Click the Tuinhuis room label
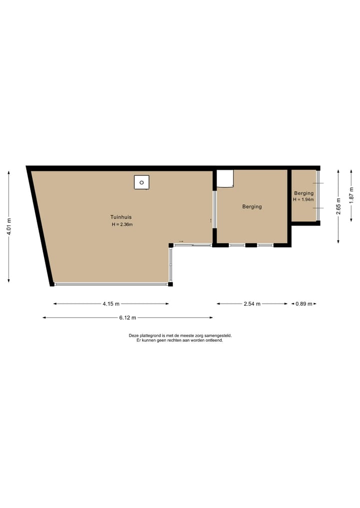click(121, 217)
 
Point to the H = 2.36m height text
click(122, 225)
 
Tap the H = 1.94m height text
click(303, 200)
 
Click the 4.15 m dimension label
click(111, 304)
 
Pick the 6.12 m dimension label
click(127, 318)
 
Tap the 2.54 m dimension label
click(252, 304)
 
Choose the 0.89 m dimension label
click(303, 304)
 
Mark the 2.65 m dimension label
click(338, 206)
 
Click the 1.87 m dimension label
click(351, 193)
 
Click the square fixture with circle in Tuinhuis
click(141, 182)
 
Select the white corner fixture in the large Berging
click(225, 179)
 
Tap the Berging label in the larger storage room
click(252, 206)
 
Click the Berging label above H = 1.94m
click(303, 193)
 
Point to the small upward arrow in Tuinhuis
click(211, 220)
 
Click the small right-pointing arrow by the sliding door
click(181, 241)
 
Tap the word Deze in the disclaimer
click(133, 336)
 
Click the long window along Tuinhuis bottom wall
click(111, 284)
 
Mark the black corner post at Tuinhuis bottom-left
click(52, 284)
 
